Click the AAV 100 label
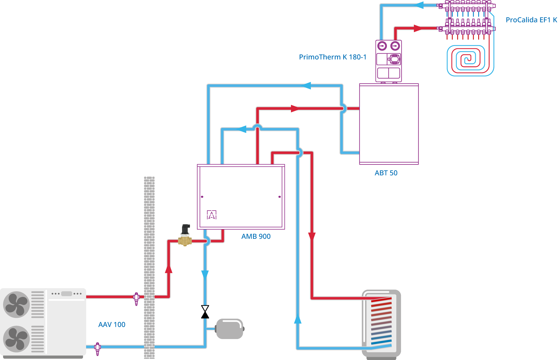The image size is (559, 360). click(112, 325)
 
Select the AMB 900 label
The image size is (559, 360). click(256, 237)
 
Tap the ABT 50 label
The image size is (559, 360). click(386, 173)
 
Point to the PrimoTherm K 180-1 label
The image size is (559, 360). click(333, 57)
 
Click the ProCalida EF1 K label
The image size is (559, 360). click(531, 20)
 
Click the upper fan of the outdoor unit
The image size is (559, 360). click(16, 304)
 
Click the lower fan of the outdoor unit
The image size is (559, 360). click(16, 339)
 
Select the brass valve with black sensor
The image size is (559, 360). click(185, 237)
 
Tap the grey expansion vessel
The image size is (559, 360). click(229, 329)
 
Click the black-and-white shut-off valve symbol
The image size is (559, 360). click(205, 312)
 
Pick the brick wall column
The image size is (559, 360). click(149, 267)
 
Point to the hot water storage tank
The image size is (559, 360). click(382, 324)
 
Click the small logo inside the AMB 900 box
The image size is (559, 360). click(212, 215)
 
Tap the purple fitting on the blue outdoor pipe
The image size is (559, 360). click(98, 349)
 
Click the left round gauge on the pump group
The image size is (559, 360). click(382, 46)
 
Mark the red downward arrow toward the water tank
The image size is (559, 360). click(312, 236)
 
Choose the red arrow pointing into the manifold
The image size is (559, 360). click(418, 28)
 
